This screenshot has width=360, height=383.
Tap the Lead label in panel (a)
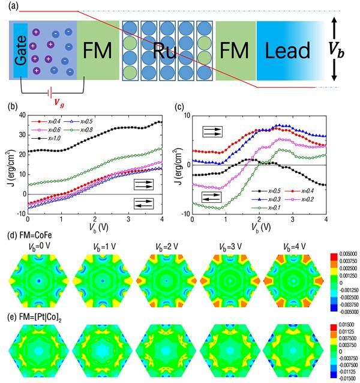click(x=290, y=50)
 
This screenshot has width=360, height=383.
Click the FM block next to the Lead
click(x=236, y=50)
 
